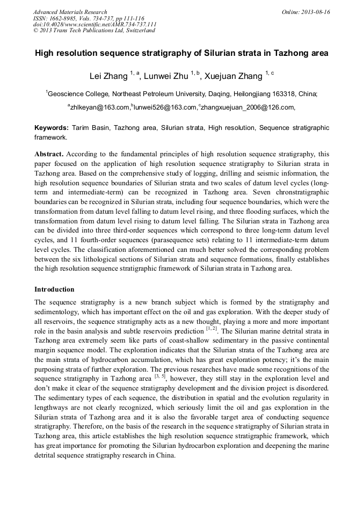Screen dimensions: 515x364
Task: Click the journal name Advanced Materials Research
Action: (70, 12)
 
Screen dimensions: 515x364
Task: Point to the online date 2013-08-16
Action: (312, 12)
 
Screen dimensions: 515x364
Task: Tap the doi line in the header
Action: (94, 24)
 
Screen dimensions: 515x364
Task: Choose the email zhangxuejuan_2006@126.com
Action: (247, 107)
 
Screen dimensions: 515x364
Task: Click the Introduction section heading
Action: (54, 289)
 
